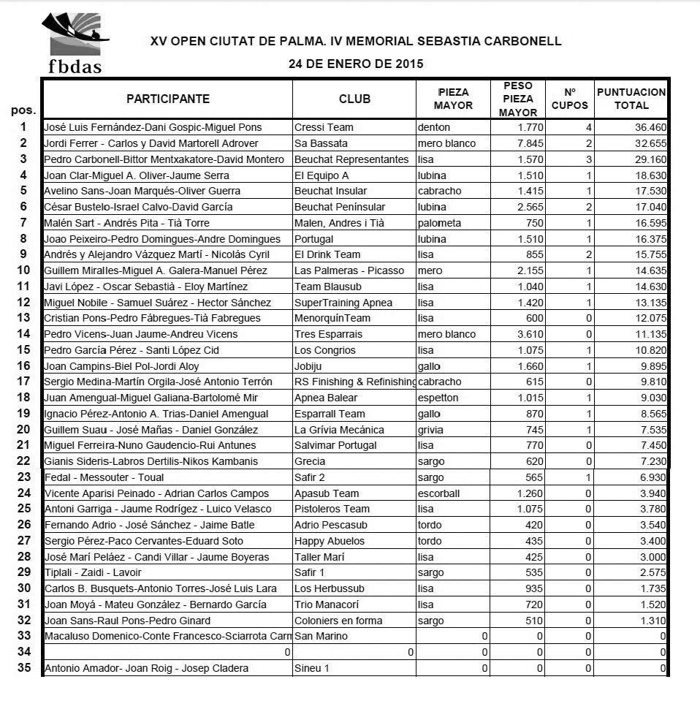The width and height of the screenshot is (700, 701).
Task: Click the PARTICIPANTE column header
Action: tap(168, 99)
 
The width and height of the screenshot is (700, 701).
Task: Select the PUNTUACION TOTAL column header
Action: tap(631, 99)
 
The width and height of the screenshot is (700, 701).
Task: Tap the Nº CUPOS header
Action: tap(570, 99)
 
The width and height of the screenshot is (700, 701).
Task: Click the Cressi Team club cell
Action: tap(324, 127)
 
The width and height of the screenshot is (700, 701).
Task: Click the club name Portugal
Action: tap(315, 239)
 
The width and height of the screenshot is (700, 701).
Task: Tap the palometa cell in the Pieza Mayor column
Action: tap(439, 223)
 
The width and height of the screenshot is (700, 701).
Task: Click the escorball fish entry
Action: tap(439, 493)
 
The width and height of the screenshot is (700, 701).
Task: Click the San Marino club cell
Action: tap(321, 636)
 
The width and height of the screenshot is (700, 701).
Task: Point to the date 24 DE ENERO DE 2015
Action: tap(356, 64)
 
